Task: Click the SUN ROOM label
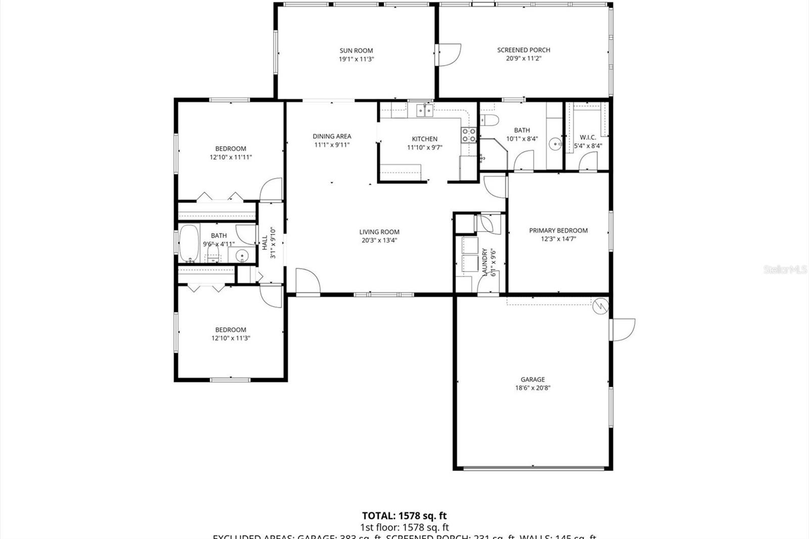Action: click(x=356, y=51)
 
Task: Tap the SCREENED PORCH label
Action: click(x=523, y=50)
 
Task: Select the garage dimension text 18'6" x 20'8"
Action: click(x=532, y=388)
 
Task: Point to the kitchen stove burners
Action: click(x=469, y=135)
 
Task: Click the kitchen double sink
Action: click(x=424, y=110)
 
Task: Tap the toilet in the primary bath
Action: click(x=489, y=120)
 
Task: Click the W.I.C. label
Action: click(x=588, y=138)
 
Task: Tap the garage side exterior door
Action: click(x=623, y=329)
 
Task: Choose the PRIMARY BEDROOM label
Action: click(x=558, y=231)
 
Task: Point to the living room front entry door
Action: click(x=307, y=281)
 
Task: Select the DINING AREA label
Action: click(x=332, y=137)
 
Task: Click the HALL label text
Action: click(x=264, y=243)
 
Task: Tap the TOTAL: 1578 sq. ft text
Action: click(x=404, y=516)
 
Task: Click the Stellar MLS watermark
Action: click(x=785, y=270)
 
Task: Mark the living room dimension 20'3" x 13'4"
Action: click(x=379, y=241)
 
